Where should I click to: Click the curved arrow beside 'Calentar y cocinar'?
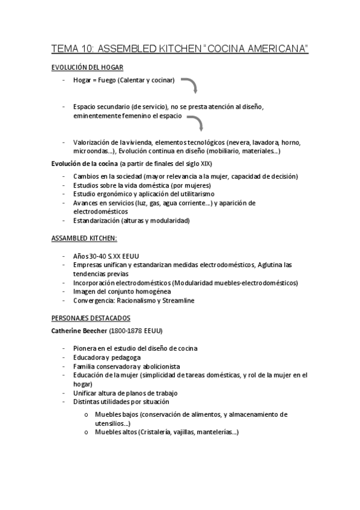191,85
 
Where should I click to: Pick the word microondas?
88,151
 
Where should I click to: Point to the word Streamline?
193,300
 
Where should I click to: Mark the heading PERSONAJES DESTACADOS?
90,318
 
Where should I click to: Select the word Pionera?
86,348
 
